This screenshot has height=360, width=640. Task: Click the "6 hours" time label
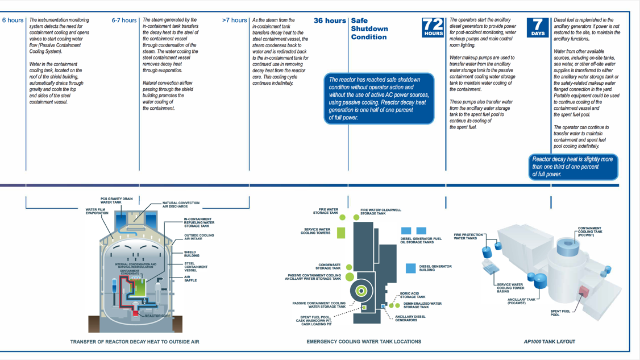pos(13,20)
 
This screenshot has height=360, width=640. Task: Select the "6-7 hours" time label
pos(124,20)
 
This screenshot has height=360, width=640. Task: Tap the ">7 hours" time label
pos(234,20)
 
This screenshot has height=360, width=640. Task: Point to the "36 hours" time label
pos(330,20)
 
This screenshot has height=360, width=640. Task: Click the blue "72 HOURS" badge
pos(433,27)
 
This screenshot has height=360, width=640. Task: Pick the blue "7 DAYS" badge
pos(538,27)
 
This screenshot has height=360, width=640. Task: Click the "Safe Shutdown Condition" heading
pos(369,28)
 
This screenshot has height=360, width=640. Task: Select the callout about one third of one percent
pos(573,167)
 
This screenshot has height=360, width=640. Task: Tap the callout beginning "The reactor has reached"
pos(379,98)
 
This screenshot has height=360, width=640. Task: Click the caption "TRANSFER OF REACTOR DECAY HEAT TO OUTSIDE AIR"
pos(135,342)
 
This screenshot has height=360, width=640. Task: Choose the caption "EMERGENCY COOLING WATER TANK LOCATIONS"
pos(364,342)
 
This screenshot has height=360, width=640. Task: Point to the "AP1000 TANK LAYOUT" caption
pos(550,342)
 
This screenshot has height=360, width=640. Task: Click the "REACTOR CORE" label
pos(157,316)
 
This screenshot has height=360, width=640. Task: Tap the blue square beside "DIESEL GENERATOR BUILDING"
pos(410,268)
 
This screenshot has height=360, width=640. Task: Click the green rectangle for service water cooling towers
pos(341,233)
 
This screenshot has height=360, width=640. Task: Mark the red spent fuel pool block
pos(584,291)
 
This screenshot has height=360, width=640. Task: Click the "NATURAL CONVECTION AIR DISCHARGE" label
pos(181,204)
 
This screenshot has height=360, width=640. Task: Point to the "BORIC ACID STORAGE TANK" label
pos(413,295)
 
